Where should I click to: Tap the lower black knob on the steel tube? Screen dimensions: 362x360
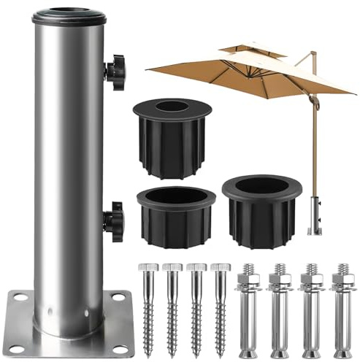(114, 221)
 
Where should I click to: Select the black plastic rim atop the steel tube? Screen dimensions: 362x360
(68, 16)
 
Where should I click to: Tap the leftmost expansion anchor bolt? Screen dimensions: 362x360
(248, 307)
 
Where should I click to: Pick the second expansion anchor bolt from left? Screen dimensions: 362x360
(279, 307)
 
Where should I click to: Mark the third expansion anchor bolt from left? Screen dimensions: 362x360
(311, 307)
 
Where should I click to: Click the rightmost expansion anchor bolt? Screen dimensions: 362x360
(341, 307)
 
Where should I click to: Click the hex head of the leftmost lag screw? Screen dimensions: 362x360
(148, 267)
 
